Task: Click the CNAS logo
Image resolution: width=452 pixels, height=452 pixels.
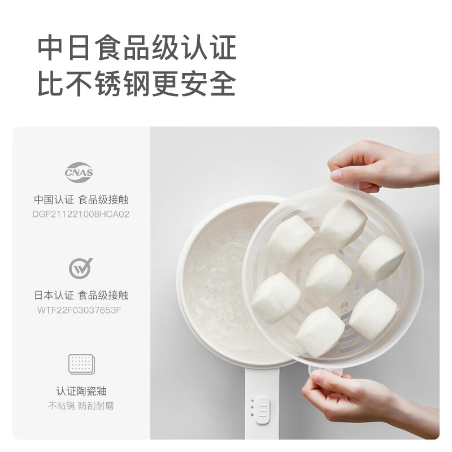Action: coord(79,172)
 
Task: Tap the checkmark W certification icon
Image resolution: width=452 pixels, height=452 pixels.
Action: coord(80,268)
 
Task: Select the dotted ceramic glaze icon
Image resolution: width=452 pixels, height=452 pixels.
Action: coord(81,364)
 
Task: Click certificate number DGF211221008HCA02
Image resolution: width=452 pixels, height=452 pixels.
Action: coord(81,214)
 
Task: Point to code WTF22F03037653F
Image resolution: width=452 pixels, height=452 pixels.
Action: coord(79,310)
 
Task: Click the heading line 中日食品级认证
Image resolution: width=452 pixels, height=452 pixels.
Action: coord(137,47)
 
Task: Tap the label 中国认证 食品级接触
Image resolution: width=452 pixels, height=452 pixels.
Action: coord(81,199)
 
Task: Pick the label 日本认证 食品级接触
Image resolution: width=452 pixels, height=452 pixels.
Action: coord(81,295)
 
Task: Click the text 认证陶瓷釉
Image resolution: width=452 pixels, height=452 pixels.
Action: coord(81,391)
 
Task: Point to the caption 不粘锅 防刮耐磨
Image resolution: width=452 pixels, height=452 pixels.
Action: coord(81,406)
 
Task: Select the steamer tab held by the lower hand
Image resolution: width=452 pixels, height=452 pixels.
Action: coord(325,372)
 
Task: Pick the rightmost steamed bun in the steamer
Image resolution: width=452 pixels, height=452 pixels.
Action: coord(381,258)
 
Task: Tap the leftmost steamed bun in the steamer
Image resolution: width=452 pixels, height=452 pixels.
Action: coord(276,298)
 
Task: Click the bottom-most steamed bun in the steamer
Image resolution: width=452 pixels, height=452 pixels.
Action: coord(320,332)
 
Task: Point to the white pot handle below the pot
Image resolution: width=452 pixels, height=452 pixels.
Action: coord(262,403)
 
